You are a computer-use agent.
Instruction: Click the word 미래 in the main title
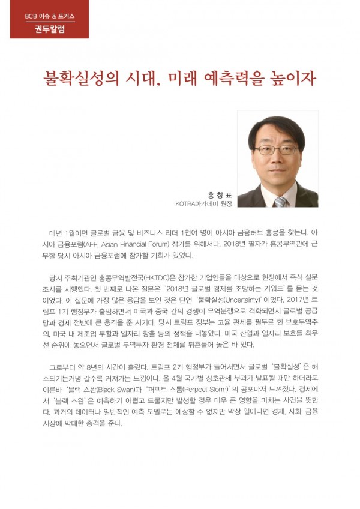pos(202,79)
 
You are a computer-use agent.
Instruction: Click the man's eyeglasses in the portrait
pos(276,149)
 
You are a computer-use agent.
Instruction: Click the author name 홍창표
pos(220,194)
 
